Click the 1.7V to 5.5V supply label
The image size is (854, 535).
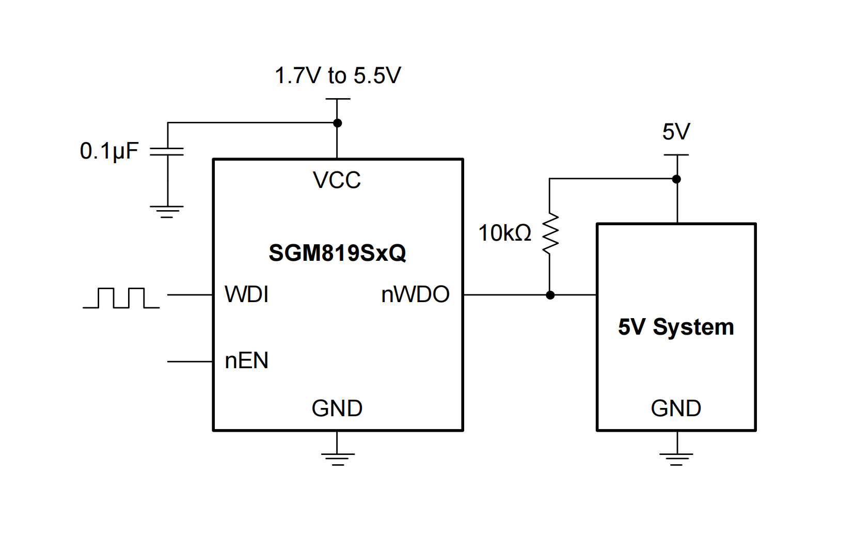click(x=338, y=76)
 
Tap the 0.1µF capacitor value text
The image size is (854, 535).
click(x=109, y=151)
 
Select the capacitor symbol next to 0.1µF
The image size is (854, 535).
click(x=167, y=151)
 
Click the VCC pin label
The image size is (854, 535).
click(x=337, y=180)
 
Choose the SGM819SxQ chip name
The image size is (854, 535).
click(x=337, y=253)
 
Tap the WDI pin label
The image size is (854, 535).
click(x=247, y=295)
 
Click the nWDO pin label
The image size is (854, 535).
click(x=415, y=295)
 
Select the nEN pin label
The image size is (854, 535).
click(x=247, y=361)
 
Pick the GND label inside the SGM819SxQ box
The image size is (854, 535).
click(x=337, y=408)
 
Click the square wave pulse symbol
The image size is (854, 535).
click(x=121, y=298)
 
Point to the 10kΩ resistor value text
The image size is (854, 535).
click(x=504, y=233)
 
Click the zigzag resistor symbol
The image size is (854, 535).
click(x=550, y=233)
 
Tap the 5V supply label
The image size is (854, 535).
click(x=676, y=132)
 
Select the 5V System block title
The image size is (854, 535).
click(x=676, y=327)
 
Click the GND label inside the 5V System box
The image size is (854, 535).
click(x=676, y=408)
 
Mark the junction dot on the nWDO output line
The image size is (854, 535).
click(x=550, y=295)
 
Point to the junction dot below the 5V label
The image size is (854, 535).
click(x=676, y=179)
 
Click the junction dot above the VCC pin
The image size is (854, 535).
click(x=337, y=123)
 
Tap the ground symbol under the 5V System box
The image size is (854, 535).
click(x=676, y=458)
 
